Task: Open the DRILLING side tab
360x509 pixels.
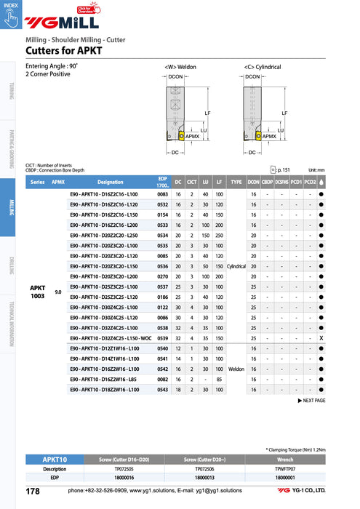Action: tap(11, 266)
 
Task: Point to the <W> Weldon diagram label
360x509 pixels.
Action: tap(182, 66)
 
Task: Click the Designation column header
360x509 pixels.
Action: tap(110, 183)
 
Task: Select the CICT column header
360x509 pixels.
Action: tap(192, 183)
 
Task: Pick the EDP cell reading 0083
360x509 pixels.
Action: tap(163, 195)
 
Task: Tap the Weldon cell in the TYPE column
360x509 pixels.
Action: tap(236, 369)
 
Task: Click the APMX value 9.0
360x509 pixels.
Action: tap(57, 292)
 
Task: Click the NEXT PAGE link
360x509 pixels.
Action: tap(312, 401)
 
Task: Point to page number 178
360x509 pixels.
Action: tap(33, 492)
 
